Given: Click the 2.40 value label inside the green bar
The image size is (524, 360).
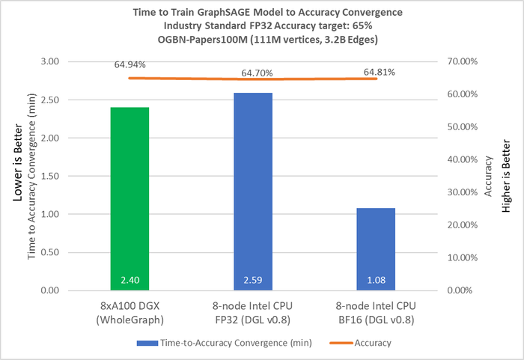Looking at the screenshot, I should tap(130, 281).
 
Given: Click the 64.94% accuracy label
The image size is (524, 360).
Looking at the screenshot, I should tap(130, 65).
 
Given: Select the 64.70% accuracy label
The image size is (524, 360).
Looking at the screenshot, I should tap(257, 73).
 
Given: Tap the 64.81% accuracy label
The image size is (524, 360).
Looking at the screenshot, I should tap(379, 72).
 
